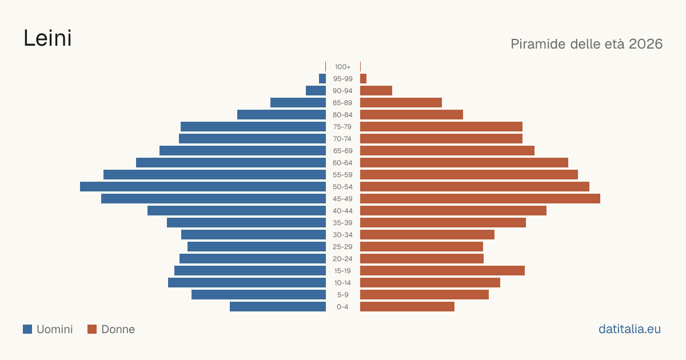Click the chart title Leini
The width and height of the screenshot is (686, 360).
[x=47, y=38]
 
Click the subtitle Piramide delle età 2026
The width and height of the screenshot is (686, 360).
[x=587, y=44]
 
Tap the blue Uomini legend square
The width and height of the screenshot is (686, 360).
[x=27, y=329]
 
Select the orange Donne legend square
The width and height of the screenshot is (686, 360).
[x=92, y=329]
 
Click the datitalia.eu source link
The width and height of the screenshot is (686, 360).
[x=629, y=329]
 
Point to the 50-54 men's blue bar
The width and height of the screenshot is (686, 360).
[x=203, y=187]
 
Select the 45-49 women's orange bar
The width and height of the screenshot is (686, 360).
[x=480, y=199]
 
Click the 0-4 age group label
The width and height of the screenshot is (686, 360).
[x=342, y=307]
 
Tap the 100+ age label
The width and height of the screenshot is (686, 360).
[x=342, y=67]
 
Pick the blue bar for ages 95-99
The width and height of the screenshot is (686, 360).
[x=322, y=79]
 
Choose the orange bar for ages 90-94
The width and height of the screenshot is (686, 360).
[x=376, y=91]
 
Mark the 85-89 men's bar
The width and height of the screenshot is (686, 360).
[x=298, y=102]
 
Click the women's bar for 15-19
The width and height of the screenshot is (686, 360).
[x=442, y=271]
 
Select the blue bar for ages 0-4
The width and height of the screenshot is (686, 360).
[x=278, y=307]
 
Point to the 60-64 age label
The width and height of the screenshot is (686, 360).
[x=342, y=163]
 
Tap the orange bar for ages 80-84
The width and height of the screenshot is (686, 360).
[x=412, y=115]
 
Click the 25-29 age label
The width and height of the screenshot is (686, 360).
[x=342, y=247]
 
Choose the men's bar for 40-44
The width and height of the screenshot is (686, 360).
[x=237, y=211]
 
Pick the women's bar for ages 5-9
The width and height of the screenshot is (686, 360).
[x=424, y=295]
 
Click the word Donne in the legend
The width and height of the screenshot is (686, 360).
[x=118, y=329]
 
